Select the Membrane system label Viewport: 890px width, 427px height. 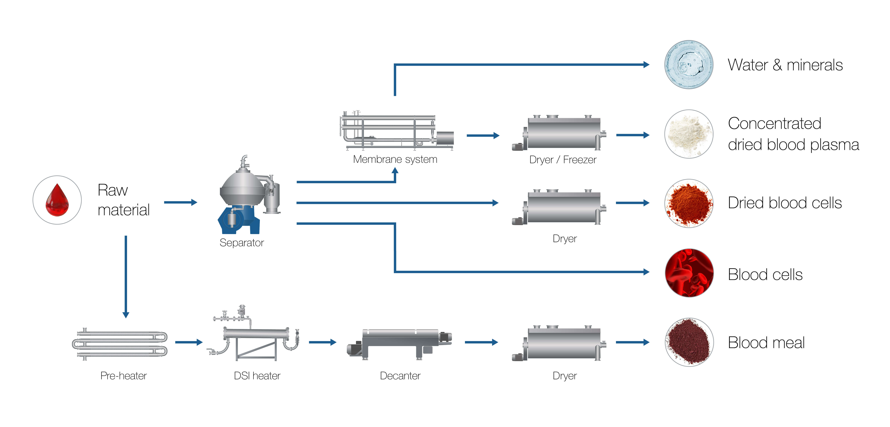(x=395, y=159)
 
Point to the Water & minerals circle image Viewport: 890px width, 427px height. (x=689, y=65)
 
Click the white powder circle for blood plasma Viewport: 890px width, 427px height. (x=689, y=134)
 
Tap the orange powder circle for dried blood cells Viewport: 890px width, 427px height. (x=689, y=203)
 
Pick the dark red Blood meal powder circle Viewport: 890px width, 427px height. (x=689, y=342)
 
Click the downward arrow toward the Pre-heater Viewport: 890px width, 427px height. (x=126, y=276)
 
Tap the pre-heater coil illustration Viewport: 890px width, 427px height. (x=120, y=344)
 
